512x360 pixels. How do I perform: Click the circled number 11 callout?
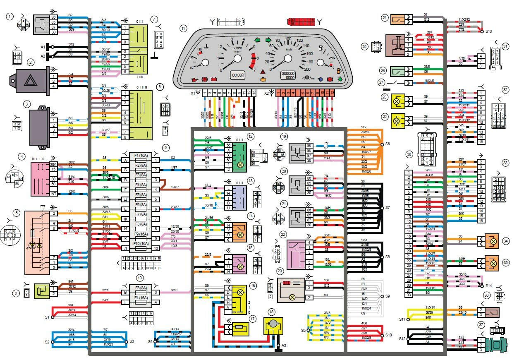[183, 28]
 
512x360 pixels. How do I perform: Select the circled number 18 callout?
[271, 312]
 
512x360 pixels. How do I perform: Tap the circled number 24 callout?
[385, 18]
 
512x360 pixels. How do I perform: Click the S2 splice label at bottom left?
[47, 342]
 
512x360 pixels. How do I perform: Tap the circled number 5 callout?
[17, 213]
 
